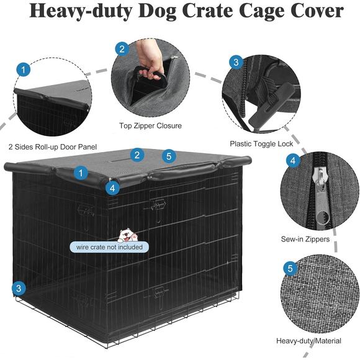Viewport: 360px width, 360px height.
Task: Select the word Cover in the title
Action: point(315,12)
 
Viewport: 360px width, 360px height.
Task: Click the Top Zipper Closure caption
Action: point(150,126)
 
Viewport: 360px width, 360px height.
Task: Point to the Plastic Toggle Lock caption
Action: point(261,143)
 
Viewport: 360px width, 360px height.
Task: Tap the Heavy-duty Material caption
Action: point(308,341)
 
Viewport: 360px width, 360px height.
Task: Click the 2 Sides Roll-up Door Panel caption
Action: point(49,148)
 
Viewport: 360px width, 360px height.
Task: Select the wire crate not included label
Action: point(109,247)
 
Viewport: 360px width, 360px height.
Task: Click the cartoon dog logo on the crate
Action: point(127,235)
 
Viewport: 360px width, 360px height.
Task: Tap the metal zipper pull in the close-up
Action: point(321,197)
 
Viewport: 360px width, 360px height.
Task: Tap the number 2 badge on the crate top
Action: point(137,155)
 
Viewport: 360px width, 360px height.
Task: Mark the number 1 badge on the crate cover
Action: point(80,173)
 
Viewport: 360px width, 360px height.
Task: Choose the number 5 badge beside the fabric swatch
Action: point(290,269)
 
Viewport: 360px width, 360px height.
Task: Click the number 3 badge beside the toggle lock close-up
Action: point(235,62)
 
